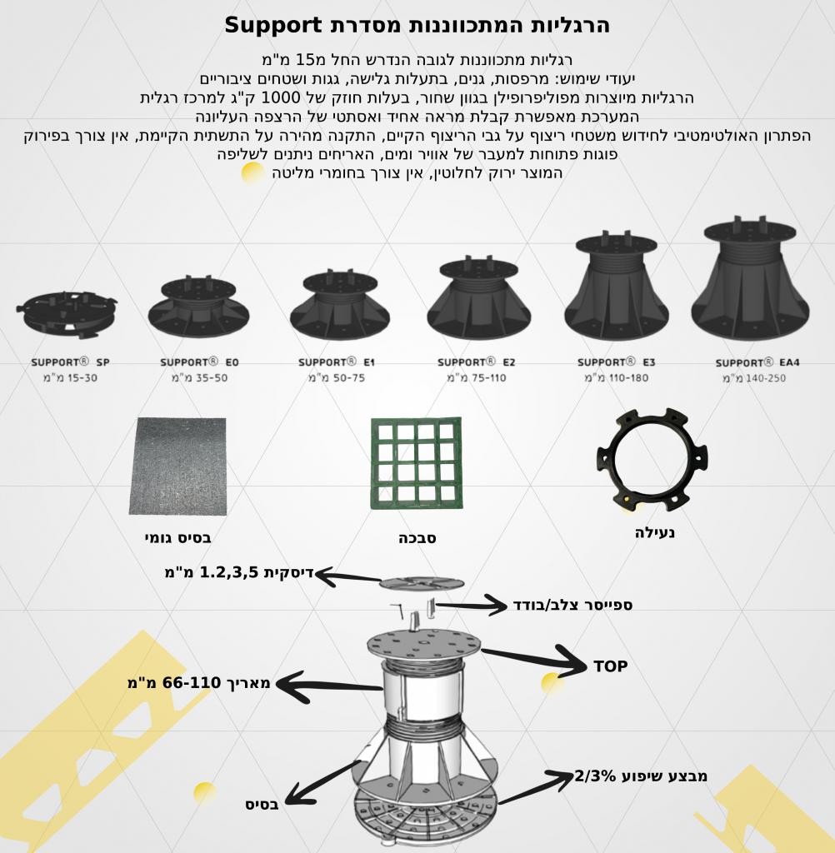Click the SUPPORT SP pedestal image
67,314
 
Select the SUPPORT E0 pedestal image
198,307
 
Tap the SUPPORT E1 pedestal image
340,304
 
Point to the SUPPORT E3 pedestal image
616,287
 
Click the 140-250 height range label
754,378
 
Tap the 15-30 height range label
70,377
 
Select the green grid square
417,463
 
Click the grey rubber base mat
178,466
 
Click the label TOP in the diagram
611,666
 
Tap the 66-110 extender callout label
198,683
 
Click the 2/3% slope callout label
641,776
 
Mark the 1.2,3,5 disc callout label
239,572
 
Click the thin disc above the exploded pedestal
422,583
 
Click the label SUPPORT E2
477,362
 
